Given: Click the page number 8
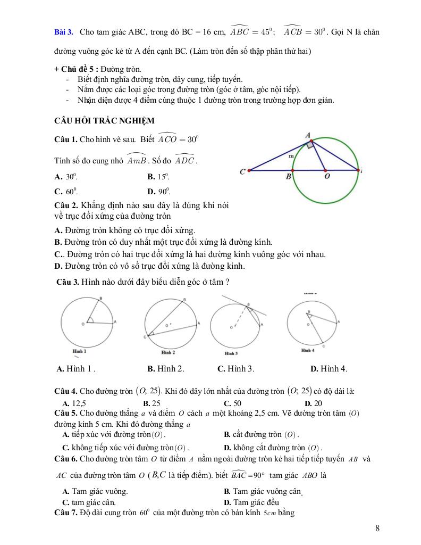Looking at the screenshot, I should pos(377,528).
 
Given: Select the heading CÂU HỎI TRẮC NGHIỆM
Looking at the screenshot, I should pos(104,121).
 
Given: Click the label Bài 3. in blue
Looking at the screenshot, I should pos(64,32).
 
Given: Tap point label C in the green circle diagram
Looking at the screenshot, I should pos(242,171).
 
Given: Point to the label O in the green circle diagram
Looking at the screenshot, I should pos(326,177).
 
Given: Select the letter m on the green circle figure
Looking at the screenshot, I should pos(291,156).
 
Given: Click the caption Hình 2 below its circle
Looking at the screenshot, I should pos(167,352).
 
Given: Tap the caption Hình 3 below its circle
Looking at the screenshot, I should pos(231,353).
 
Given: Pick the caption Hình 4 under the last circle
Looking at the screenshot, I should pos(308,350).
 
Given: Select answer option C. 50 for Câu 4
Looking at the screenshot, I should pos(232,403).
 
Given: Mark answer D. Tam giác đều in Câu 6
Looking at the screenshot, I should pos(251,502).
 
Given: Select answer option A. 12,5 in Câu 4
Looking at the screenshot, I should pos(74,403).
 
